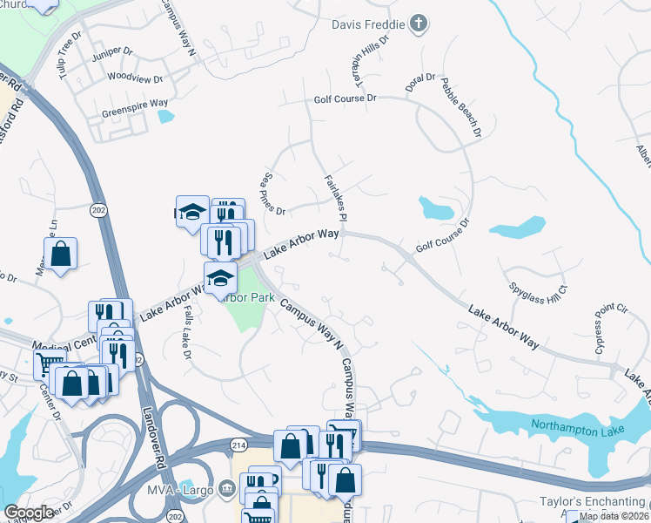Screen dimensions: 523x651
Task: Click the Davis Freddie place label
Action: click(368, 24)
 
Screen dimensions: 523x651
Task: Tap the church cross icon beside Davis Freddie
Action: click(419, 24)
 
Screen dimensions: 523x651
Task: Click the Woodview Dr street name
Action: click(135, 78)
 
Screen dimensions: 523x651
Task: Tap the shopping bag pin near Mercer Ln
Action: click(60, 255)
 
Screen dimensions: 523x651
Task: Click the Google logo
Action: click(30, 513)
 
